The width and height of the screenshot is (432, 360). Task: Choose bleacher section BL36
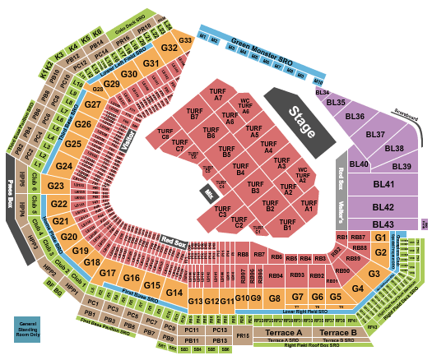(x=355, y=117)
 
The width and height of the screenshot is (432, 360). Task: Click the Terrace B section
(x=337, y=332)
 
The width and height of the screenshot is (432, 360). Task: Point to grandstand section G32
(x=170, y=48)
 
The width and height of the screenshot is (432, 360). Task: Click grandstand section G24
(x=64, y=166)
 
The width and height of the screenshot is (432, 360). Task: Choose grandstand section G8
(x=275, y=297)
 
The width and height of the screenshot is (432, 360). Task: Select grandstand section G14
(x=173, y=293)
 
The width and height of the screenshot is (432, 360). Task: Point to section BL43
(x=383, y=224)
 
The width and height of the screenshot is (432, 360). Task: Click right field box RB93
(x=296, y=275)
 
